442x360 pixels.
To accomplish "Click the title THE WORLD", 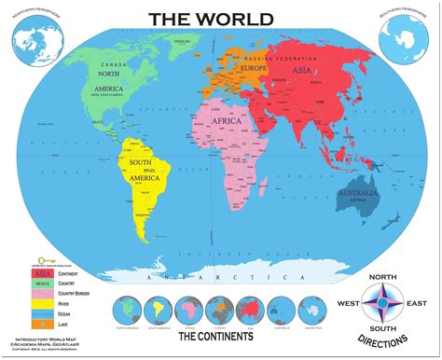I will pos(221,19).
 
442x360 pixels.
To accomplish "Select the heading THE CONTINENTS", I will pos(220,332).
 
